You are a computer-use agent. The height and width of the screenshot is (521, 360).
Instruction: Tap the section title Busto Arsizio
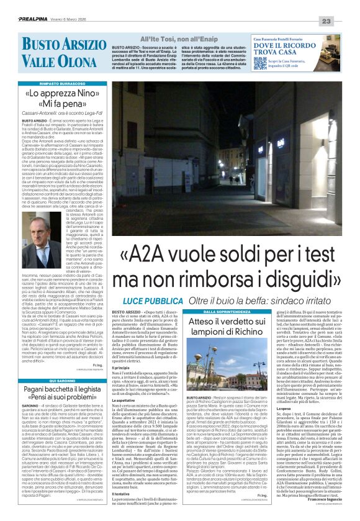point(57,45)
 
